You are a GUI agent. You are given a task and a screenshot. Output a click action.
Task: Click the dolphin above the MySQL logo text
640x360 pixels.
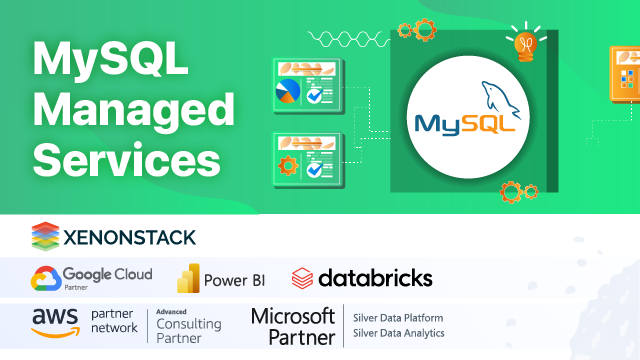click(501, 98)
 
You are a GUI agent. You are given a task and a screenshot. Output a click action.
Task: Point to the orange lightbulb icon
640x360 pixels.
click(524, 44)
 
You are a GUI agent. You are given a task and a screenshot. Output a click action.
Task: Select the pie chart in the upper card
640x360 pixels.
click(288, 92)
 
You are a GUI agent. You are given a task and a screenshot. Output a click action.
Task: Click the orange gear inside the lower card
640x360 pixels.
click(288, 165)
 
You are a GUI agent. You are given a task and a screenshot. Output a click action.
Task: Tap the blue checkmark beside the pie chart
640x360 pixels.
click(316, 96)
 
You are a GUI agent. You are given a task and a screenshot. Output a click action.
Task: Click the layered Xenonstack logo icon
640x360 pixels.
click(44, 236)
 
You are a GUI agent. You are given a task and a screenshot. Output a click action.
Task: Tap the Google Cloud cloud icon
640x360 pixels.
click(44, 277)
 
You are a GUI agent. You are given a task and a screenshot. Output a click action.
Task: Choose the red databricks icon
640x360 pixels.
click(302, 277)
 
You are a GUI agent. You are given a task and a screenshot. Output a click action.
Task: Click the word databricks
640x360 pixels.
click(375, 277)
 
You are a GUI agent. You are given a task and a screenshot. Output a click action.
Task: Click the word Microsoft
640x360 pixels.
click(291, 316)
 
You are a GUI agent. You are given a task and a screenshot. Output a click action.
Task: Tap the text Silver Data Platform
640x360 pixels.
click(397, 317)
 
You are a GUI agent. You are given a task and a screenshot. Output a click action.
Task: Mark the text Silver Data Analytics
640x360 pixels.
click(398, 334)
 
